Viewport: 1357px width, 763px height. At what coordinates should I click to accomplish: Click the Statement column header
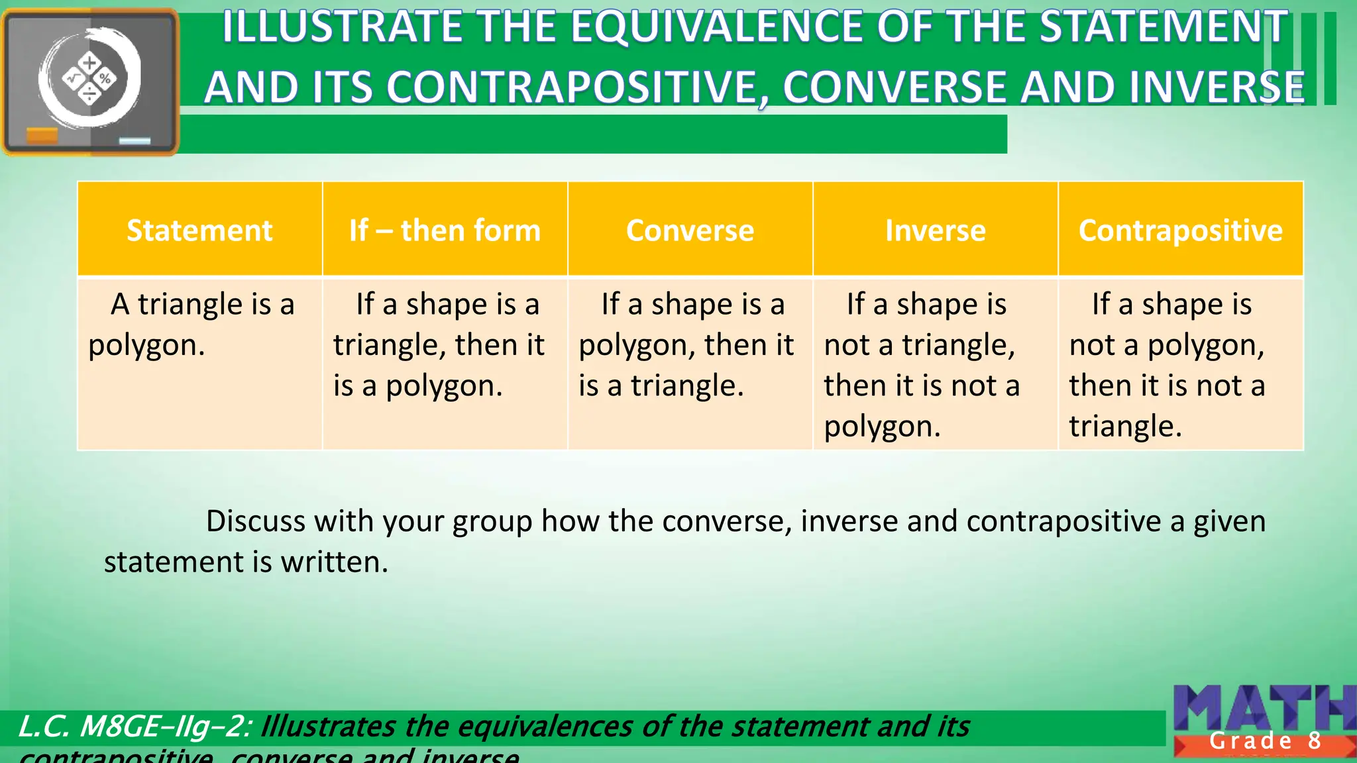199,230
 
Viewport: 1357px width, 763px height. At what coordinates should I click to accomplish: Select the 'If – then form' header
445,230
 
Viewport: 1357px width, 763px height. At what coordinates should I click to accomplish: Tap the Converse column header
690,230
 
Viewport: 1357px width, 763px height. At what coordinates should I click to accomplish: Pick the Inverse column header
935,230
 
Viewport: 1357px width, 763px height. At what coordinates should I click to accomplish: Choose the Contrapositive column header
1180,230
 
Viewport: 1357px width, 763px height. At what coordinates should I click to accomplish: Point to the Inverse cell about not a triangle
935,364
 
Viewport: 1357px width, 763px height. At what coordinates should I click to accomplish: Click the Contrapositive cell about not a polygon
1180,364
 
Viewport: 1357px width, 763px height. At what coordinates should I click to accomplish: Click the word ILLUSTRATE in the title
342,28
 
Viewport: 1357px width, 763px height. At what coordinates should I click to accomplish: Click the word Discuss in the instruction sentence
256,521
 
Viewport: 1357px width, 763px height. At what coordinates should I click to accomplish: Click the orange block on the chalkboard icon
42,136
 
